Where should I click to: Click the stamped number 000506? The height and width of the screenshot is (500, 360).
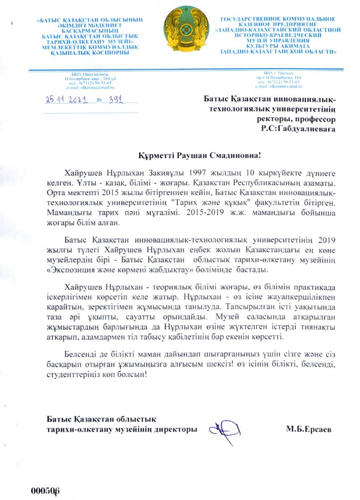tap(45, 490)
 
